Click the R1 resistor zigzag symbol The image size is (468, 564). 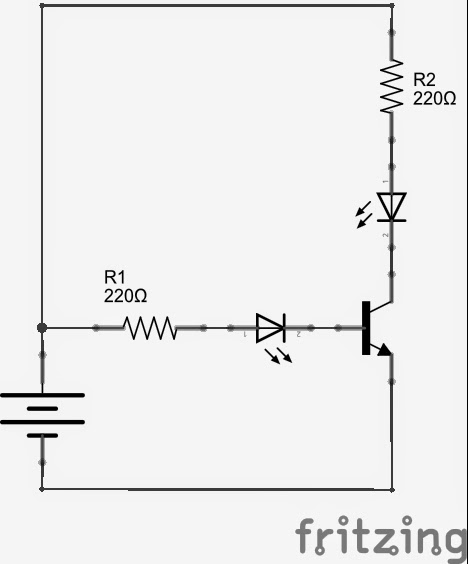[x=150, y=327]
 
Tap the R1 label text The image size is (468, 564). [x=116, y=276]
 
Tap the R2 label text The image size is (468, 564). [x=424, y=79]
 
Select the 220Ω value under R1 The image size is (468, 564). [x=125, y=296]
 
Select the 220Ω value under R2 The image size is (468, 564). [x=434, y=99]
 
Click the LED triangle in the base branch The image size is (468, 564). [x=270, y=327]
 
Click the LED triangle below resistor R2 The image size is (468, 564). [x=391, y=206]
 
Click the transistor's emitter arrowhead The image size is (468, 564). [x=384, y=350]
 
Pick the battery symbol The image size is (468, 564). [x=42, y=414]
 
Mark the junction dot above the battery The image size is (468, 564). [x=42, y=327]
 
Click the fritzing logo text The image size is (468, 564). [x=380, y=537]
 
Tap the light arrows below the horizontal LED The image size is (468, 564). [x=279, y=355]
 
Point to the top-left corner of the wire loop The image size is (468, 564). [x=42, y=5]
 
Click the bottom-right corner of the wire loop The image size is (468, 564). [x=391, y=489]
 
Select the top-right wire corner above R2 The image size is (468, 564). [x=391, y=5]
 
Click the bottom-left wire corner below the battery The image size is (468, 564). [x=42, y=489]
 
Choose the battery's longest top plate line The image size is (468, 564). [x=42, y=396]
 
